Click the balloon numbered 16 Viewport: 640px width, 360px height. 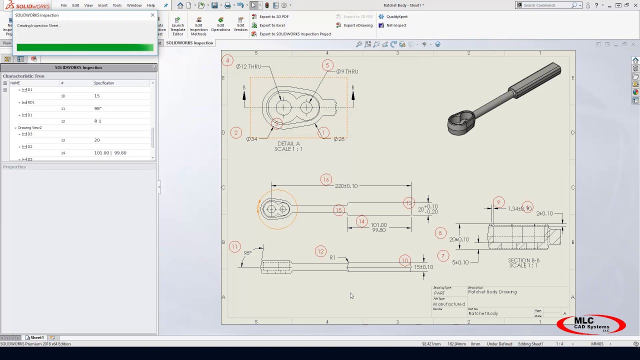[326, 179]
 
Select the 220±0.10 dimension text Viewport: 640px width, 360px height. [346, 186]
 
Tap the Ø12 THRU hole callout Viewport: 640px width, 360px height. [248, 66]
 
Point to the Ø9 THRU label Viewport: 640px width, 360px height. [347, 71]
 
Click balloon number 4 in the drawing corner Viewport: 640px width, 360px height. [227, 60]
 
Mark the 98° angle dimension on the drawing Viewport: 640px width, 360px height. [247, 253]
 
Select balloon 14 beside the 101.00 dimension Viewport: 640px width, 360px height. [361, 221]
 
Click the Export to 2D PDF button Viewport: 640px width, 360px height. [273, 16]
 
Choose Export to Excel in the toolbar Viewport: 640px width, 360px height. [271, 25]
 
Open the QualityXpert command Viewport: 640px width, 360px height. [396, 16]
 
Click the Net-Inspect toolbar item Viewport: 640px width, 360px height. [396, 25]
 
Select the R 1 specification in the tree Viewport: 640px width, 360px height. [97, 121]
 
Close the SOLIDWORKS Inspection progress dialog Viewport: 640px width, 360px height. [152, 15]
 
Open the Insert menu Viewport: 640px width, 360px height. [102, 5]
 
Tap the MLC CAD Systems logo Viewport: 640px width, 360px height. [591, 324]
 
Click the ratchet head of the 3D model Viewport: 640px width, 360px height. [461, 122]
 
